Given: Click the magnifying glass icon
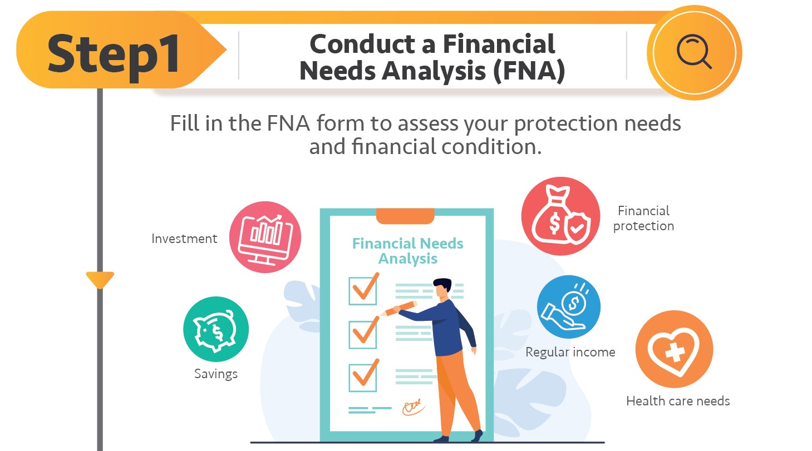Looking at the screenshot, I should pos(694,53).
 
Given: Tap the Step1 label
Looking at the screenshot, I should pos(114,54).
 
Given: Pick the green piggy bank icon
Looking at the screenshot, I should pos(215,330).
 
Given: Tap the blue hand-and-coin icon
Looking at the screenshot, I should pos(568,308).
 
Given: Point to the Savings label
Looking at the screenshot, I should pos(216,374).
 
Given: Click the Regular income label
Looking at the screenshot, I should pos(570,352).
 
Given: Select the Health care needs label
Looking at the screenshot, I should pos(678,401).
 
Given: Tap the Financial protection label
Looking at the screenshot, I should pos(643,218).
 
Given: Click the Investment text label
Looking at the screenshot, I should pos(184,239).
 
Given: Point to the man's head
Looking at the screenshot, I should pos(442,287).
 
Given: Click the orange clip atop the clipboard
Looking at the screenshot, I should pos(405,215).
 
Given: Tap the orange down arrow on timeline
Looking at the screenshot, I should pos(100,279).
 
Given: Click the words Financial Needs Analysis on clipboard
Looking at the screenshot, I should pos(408,251).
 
